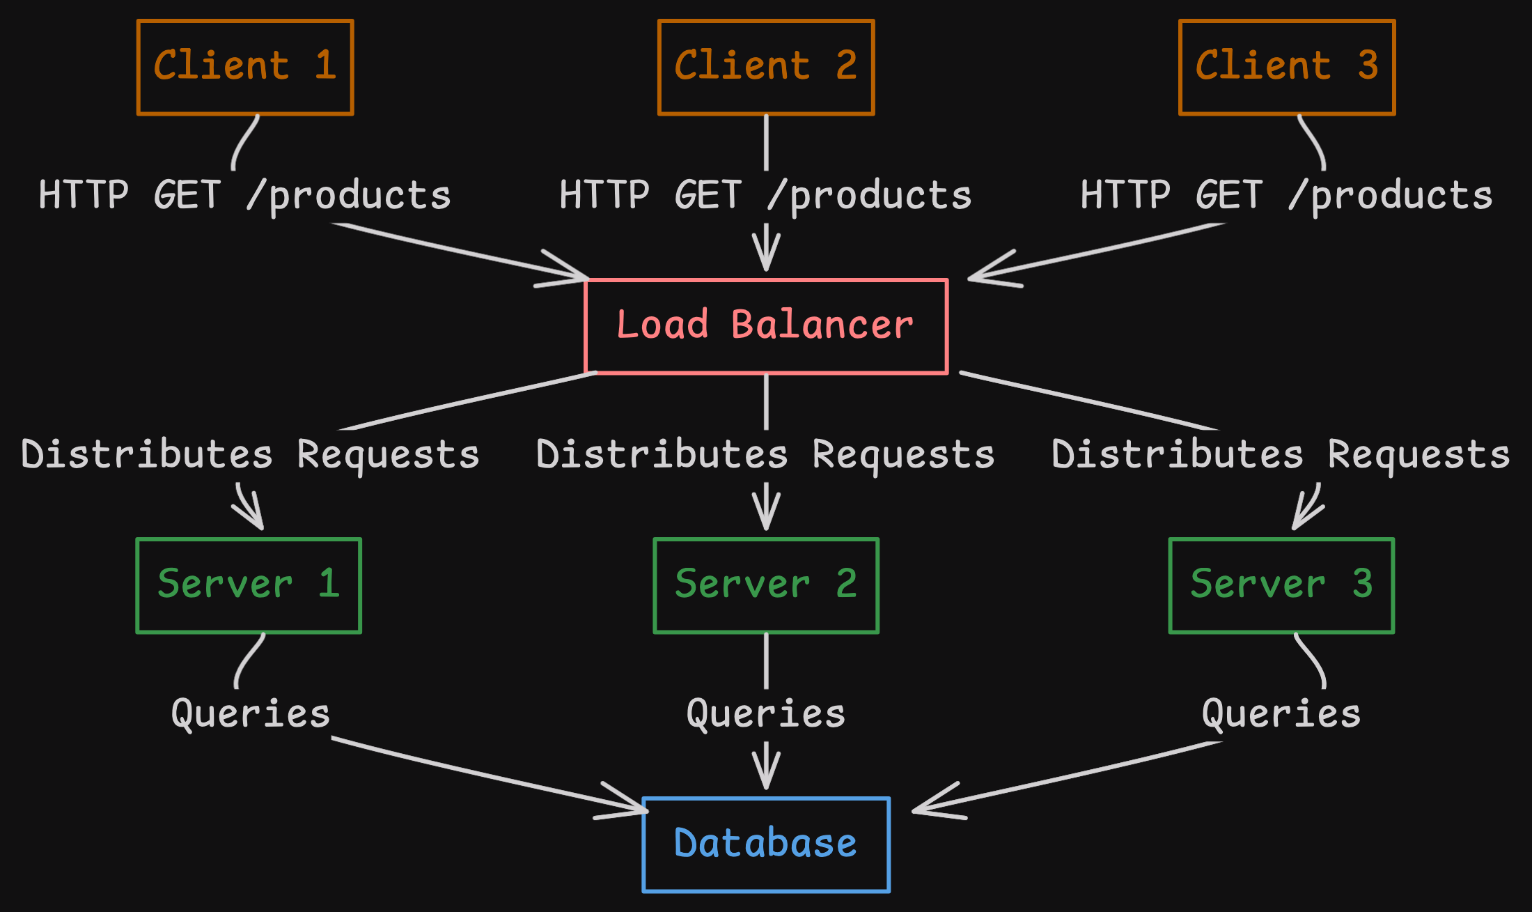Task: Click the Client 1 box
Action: coord(245,67)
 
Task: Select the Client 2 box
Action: coord(766,67)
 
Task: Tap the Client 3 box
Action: coord(1287,67)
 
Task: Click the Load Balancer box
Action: coord(766,326)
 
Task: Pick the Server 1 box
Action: coord(249,585)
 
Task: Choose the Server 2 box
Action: coord(766,585)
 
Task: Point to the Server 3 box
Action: coord(1281,585)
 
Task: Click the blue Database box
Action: coord(766,844)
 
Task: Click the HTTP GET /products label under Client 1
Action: coord(245,196)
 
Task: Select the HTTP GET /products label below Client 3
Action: coord(1287,196)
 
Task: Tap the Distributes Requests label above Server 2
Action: coord(766,455)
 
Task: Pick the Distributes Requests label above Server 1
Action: coord(251,455)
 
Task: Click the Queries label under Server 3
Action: coord(1281,714)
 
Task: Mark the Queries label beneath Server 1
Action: coord(251,714)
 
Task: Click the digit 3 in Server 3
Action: coord(1363,584)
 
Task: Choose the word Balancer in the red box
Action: coord(822,325)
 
